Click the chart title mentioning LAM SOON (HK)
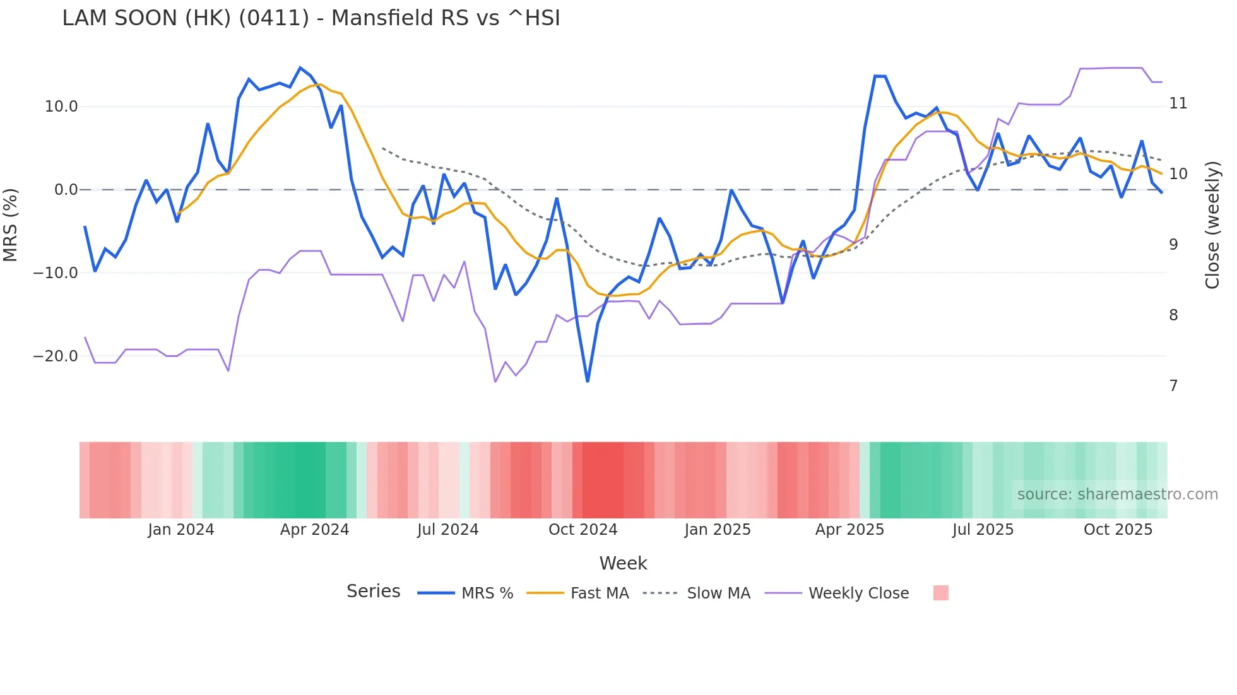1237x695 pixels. (311, 18)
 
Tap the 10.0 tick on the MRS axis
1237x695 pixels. (61, 107)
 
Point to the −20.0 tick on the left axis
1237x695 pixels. (56, 356)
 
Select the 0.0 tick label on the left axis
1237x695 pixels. (66, 190)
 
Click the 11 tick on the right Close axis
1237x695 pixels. (1178, 103)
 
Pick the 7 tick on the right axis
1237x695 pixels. (1173, 385)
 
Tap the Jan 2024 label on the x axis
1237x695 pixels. (181, 530)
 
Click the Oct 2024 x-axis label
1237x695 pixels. (583, 530)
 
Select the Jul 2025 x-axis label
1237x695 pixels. (983, 530)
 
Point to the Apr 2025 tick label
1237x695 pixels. (849, 530)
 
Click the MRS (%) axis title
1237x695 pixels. (11, 225)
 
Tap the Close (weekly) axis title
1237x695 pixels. (1212, 225)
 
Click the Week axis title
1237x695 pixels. (623, 563)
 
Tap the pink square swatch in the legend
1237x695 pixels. (940, 593)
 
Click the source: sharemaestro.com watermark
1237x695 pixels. (1117, 494)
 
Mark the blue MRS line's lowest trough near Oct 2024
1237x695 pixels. (588, 381)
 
